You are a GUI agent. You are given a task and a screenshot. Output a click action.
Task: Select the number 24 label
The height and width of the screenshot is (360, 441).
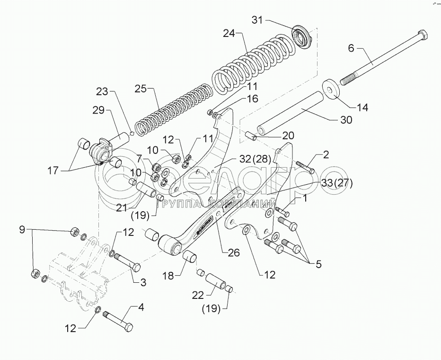pyautogui.click(x=229, y=34)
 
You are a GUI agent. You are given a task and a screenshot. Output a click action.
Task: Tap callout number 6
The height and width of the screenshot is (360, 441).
pyautogui.click(x=351, y=48)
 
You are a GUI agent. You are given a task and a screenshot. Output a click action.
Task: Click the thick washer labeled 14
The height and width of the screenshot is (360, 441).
pyautogui.click(x=331, y=90)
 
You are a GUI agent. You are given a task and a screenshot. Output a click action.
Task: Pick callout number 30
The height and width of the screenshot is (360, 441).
pyautogui.click(x=346, y=120)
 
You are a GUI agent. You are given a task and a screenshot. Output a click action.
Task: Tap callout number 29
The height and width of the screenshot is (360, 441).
pyautogui.click(x=98, y=110)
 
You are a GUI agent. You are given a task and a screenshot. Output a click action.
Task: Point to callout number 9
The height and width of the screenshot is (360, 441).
pyautogui.click(x=22, y=230)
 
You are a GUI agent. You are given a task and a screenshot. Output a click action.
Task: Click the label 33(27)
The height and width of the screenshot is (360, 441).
pyautogui.click(x=337, y=183)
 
